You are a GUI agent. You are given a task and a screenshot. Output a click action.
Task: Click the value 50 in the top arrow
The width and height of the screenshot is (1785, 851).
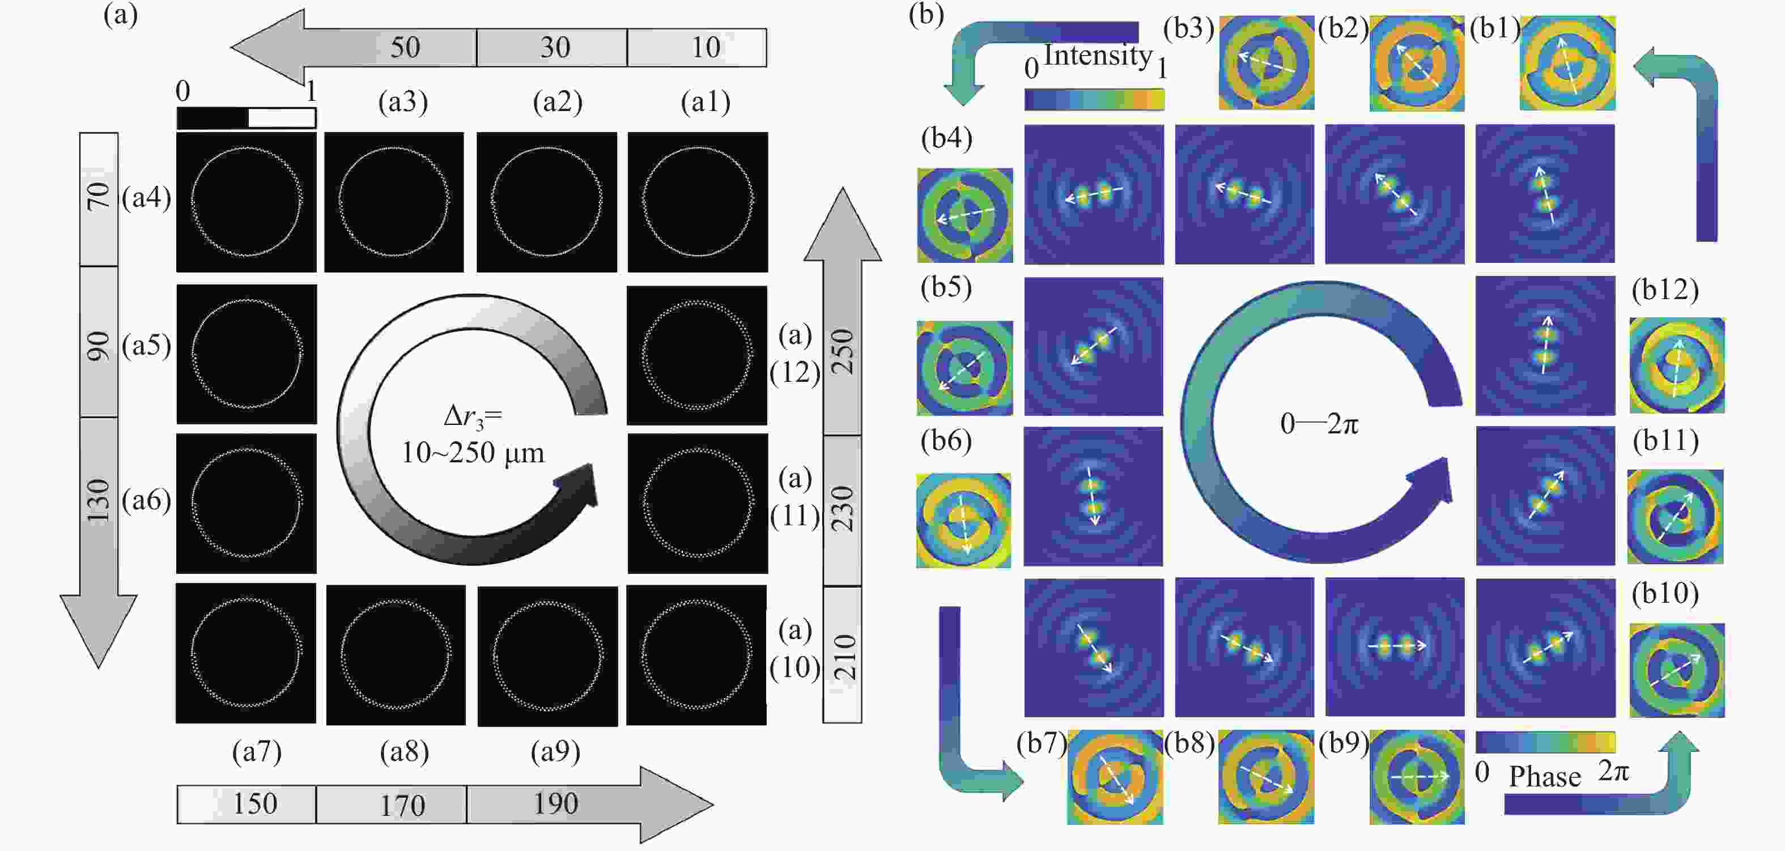coord(405,47)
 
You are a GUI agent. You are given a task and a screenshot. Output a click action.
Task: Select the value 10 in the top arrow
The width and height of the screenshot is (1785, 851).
coord(706,47)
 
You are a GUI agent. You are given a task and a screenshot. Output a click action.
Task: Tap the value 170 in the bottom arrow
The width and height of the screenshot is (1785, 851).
coord(402,805)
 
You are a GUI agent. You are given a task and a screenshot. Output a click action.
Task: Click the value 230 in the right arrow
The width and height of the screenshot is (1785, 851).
coord(843,509)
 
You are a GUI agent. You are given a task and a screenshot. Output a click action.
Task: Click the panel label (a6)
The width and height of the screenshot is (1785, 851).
coord(146,500)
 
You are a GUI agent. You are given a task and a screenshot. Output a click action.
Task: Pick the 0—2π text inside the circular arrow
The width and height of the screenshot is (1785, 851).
coord(1319,423)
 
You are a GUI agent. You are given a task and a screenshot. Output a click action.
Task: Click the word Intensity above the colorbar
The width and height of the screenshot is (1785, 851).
coord(1098,55)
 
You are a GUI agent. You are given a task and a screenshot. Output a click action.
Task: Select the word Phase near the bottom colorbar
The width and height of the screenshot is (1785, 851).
coord(1545,777)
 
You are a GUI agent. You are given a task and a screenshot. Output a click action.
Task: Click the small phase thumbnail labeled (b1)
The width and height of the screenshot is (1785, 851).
coord(1567,63)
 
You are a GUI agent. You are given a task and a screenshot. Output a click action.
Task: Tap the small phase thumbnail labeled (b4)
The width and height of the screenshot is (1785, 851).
coord(964,215)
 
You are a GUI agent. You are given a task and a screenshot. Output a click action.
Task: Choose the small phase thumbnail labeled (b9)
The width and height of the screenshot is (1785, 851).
coord(1417,777)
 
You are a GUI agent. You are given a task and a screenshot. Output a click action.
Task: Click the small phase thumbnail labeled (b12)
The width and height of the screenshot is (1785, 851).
coord(1677,365)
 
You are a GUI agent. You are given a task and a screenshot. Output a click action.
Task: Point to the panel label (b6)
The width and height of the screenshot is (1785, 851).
coord(946,441)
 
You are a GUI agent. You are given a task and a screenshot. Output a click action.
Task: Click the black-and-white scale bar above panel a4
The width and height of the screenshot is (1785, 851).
coord(246,118)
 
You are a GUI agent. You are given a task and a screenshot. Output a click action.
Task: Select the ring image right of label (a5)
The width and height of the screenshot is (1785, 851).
coord(246,354)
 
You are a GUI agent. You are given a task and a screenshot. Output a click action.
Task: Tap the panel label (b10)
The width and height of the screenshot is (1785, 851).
coord(1665,594)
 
